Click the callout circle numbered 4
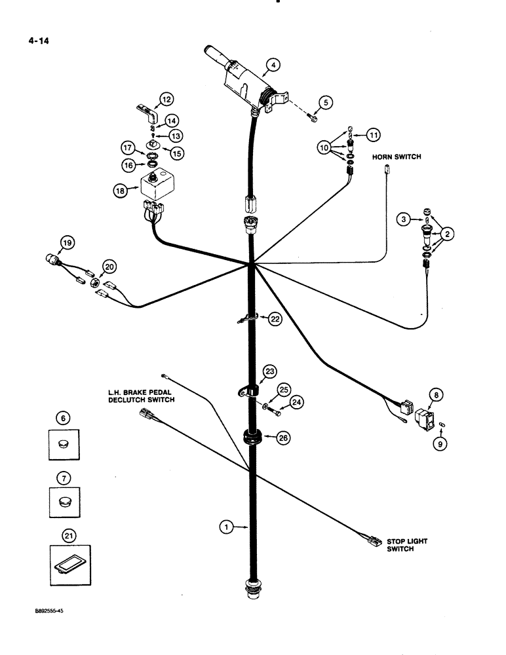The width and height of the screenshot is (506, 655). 273,65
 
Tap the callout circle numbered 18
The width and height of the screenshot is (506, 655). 119,190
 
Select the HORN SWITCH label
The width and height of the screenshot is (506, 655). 396,157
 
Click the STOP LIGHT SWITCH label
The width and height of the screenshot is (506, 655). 399,545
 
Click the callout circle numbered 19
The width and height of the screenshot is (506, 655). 66,245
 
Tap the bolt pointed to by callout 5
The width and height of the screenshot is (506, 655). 313,119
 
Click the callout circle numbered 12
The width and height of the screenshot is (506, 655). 166,100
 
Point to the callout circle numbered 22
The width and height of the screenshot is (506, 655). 275,319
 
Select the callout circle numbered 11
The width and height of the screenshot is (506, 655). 373,135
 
